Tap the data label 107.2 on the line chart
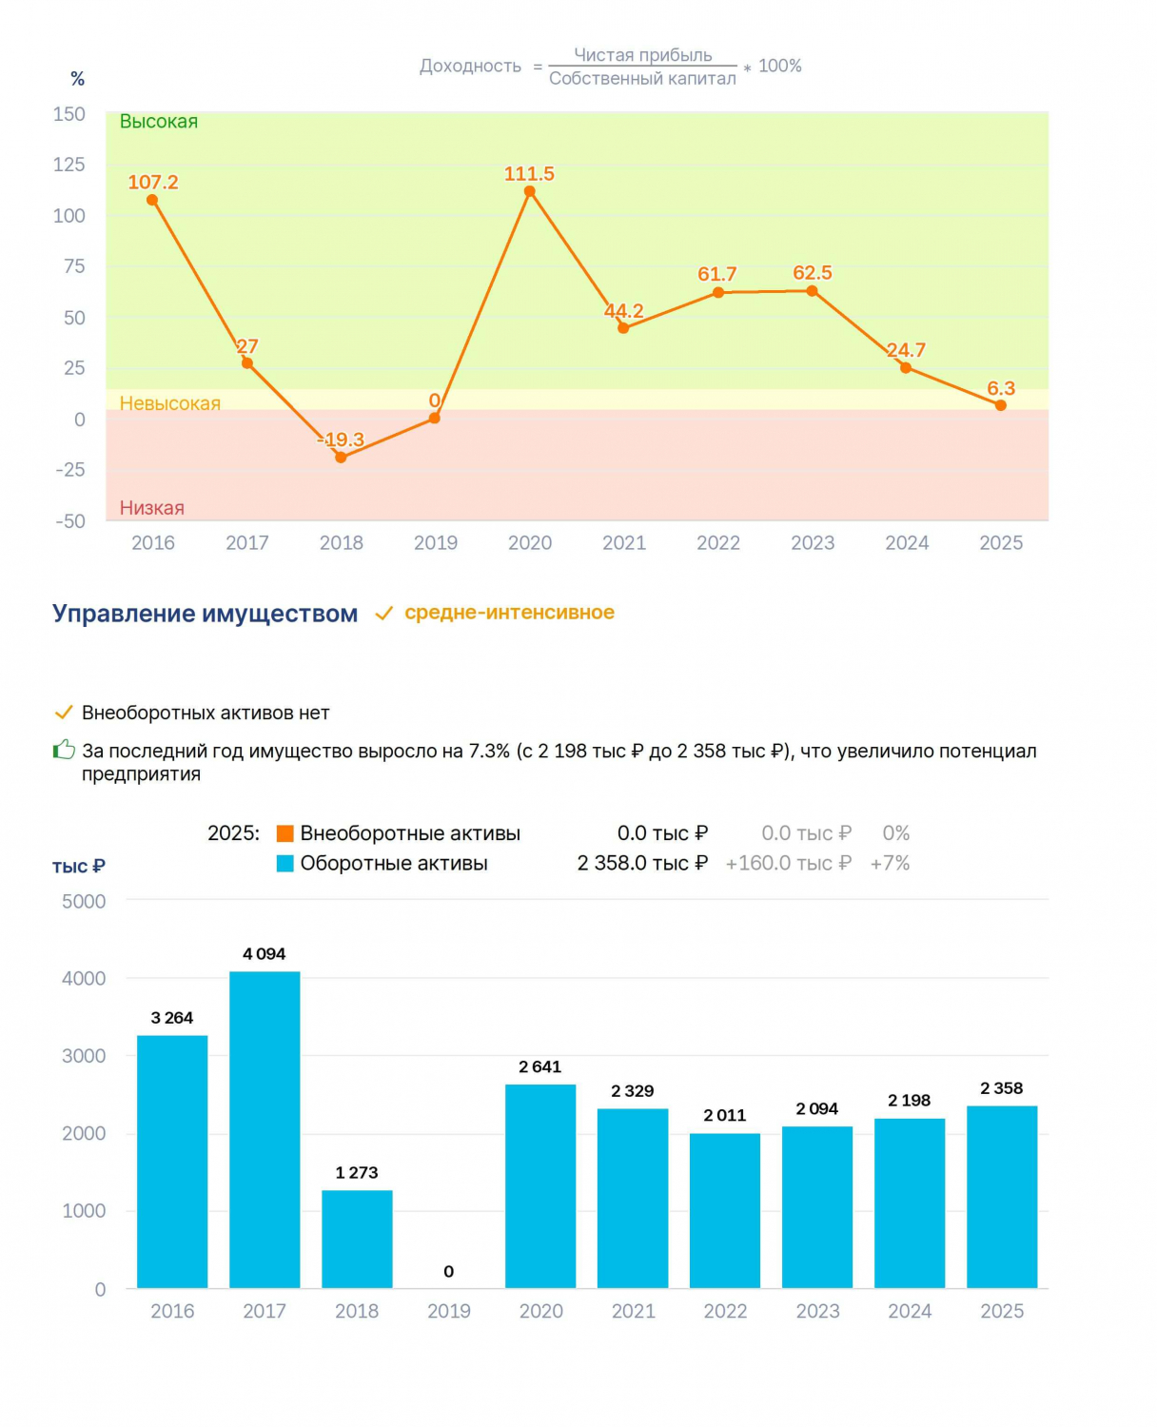tap(152, 182)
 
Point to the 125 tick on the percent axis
tap(69, 164)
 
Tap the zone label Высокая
tap(158, 121)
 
